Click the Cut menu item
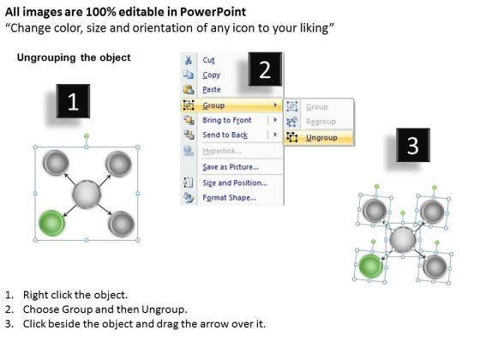(208, 60)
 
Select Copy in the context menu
(211, 75)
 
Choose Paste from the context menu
(212, 89)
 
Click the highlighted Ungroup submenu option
(321, 138)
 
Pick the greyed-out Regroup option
(321, 122)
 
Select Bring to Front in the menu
(227, 120)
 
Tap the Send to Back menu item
(225, 135)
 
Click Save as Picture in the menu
(231, 167)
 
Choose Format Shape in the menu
(229, 198)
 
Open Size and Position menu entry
(235, 183)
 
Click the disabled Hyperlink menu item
(222, 151)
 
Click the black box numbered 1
(73, 101)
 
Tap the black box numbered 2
(265, 69)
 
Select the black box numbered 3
(413, 145)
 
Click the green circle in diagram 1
(51, 223)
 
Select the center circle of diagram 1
(87, 195)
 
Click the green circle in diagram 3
(370, 266)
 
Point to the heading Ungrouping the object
(74, 57)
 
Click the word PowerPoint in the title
(213, 12)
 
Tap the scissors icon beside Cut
(189, 60)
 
